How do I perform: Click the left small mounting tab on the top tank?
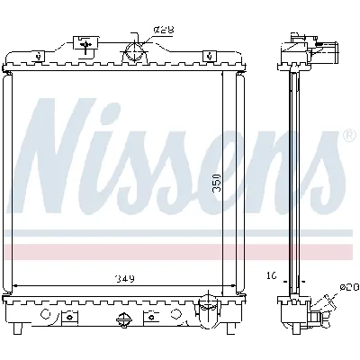tap(40, 57)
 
